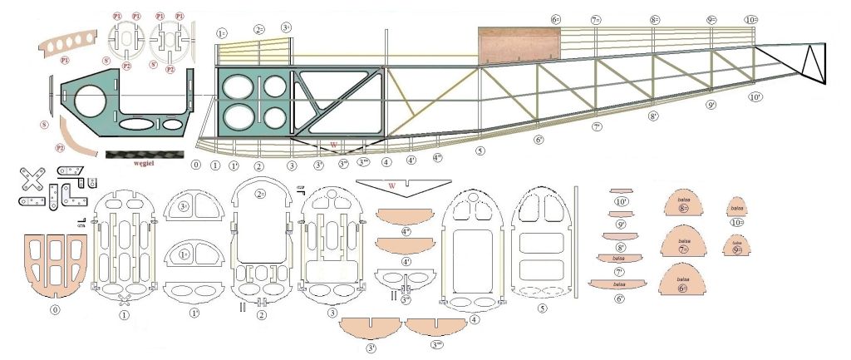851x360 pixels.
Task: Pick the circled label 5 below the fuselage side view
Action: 480,151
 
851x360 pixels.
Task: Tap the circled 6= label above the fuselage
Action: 556,19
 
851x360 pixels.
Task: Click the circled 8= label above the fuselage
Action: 655,19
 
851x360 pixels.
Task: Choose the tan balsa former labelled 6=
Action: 683,283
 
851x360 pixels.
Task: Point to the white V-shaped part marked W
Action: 402,184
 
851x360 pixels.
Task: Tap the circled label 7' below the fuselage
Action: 597,127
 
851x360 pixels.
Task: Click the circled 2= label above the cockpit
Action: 259,29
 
